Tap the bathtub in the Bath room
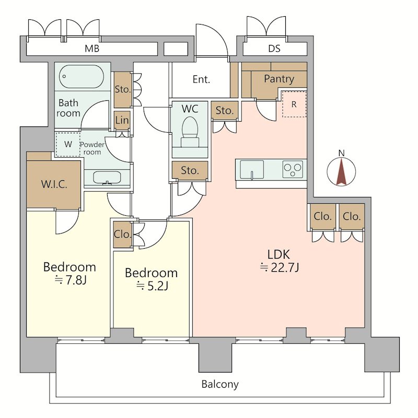pyautogui.click(x=82, y=76)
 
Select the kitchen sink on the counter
pyautogui.click(x=252, y=169)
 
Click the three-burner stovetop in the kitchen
pyautogui.click(x=293, y=169)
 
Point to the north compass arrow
pyautogui.click(x=341, y=172)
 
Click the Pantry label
pyautogui.click(x=279, y=79)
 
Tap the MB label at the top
pyautogui.click(x=92, y=49)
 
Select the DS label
pyautogui.click(x=274, y=49)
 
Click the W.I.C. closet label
pyautogui.click(x=54, y=184)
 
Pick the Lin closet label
pyautogui.click(x=122, y=120)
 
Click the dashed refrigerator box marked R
pyautogui.click(x=294, y=104)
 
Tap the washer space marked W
pyautogui.click(x=68, y=144)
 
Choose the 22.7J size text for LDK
pyautogui.click(x=280, y=268)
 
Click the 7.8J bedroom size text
pyautogui.click(x=71, y=280)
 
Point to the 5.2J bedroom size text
pyautogui.click(x=152, y=286)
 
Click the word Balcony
pyautogui.click(x=220, y=385)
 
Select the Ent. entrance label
pyautogui.click(x=201, y=79)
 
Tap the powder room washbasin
pyautogui.click(x=107, y=178)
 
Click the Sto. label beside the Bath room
pyautogui.click(x=123, y=89)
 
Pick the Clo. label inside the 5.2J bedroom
pyautogui.click(x=123, y=234)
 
